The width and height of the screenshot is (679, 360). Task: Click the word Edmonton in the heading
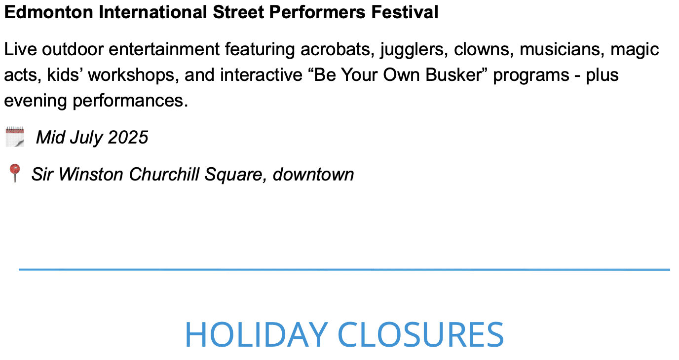pos(49,12)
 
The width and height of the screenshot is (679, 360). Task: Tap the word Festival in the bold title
pos(405,12)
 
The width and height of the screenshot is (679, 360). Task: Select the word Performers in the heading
pos(317,12)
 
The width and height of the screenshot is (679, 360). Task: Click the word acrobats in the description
pos(336,49)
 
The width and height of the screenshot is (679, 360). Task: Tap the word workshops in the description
pos(133,75)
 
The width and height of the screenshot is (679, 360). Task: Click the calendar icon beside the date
pos(15,137)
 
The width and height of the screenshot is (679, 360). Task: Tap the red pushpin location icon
pos(14,173)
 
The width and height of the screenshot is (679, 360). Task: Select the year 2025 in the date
pos(128,138)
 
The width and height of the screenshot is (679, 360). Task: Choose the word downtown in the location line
pos(313,174)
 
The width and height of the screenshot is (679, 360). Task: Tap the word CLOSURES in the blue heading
pos(421,334)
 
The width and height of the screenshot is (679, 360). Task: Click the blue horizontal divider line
pos(344,269)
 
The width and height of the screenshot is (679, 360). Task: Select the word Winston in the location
pos(91,174)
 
